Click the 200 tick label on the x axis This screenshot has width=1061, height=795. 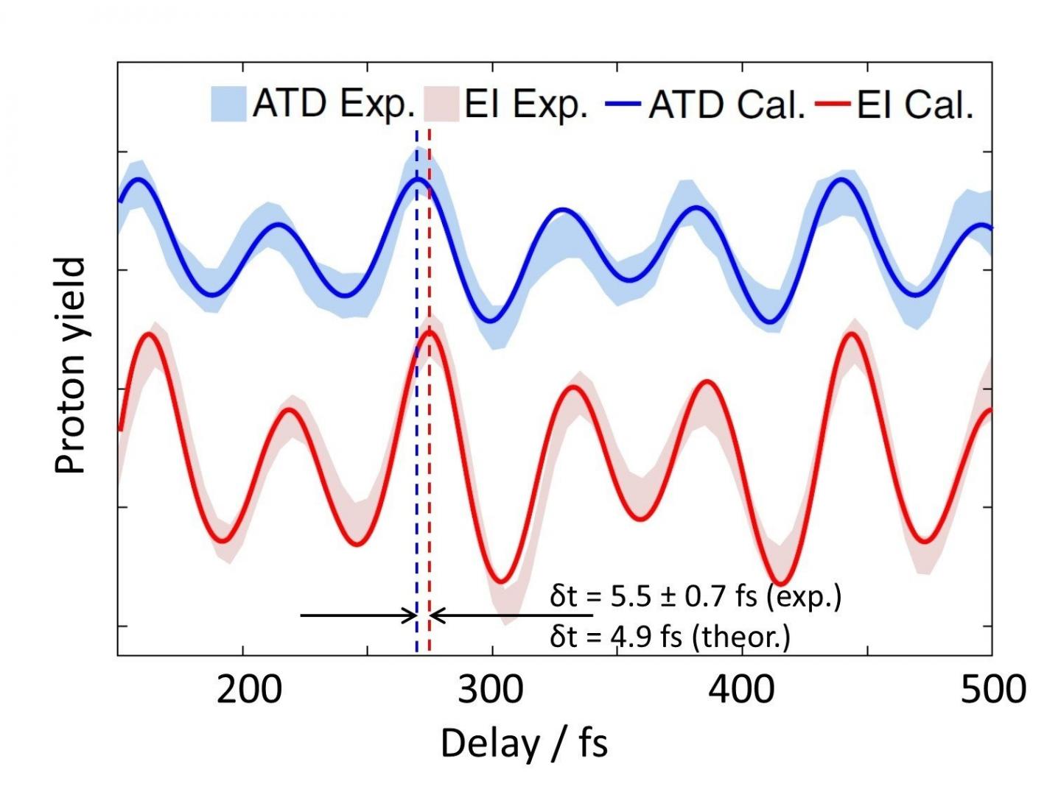(249, 690)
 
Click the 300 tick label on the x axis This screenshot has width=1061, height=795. (491, 690)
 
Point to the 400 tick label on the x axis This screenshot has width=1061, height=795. (742, 690)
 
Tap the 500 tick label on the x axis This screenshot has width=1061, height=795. (992, 690)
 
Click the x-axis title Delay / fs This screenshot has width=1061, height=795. (524, 743)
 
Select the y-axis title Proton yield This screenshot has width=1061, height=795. (71, 366)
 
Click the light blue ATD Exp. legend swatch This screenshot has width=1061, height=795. (228, 105)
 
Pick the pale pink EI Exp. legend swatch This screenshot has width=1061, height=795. (441, 105)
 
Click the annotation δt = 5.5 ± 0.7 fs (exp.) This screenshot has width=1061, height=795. (695, 596)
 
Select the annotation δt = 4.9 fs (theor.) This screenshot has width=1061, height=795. (669, 636)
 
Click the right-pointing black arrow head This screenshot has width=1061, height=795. (410, 615)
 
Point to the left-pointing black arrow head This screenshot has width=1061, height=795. (436, 615)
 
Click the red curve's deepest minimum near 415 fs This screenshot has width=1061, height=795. (781, 584)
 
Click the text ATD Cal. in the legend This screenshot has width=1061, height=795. (726, 105)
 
